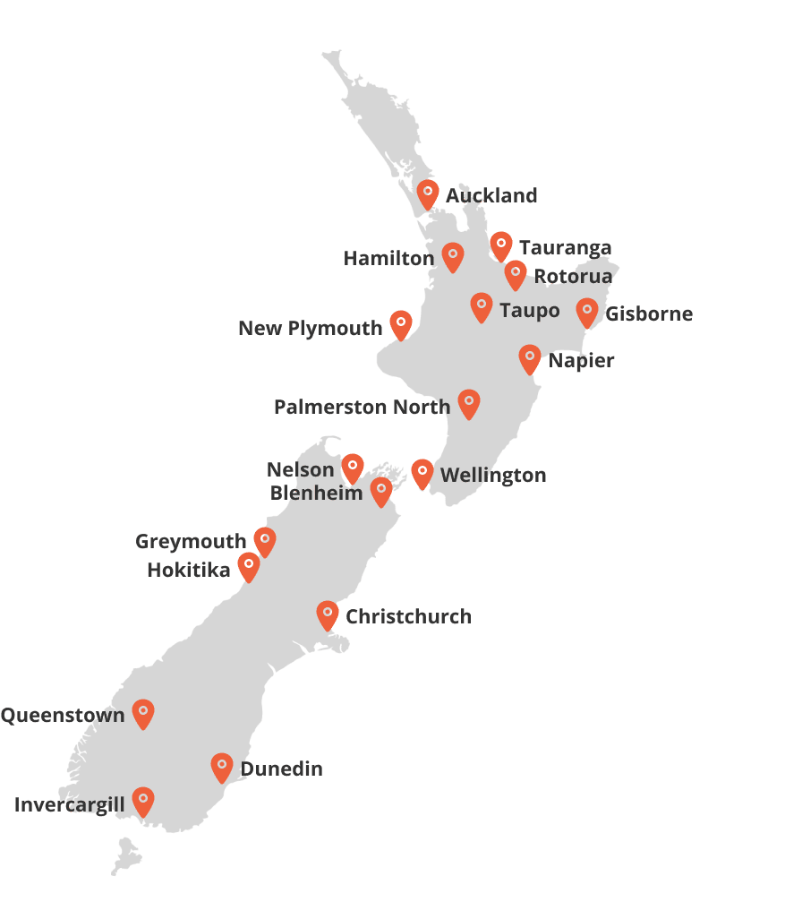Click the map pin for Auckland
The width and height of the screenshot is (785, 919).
click(x=428, y=193)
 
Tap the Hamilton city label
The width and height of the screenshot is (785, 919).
click(x=388, y=259)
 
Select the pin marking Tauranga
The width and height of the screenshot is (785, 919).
click(x=501, y=245)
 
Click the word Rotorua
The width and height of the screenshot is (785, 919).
click(x=573, y=276)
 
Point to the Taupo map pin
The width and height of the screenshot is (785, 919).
click(x=482, y=306)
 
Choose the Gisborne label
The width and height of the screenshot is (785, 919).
click(x=649, y=314)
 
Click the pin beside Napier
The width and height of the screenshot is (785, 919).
click(x=530, y=358)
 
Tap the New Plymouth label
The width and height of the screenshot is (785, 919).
click(x=310, y=329)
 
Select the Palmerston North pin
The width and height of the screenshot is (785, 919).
click(x=469, y=403)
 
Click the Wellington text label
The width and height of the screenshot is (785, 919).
click(x=493, y=476)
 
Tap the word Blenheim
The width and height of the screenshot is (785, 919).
click(x=316, y=493)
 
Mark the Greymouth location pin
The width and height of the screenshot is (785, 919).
click(x=264, y=540)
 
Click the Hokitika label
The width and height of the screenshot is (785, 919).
click(x=189, y=570)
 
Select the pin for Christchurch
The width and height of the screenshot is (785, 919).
click(x=328, y=614)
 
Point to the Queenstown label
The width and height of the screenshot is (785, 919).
click(x=63, y=715)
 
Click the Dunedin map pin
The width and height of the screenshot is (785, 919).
click(x=222, y=767)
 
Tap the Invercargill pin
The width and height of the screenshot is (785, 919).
click(x=143, y=801)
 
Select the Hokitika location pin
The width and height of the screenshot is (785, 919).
click(x=249, y=565)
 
